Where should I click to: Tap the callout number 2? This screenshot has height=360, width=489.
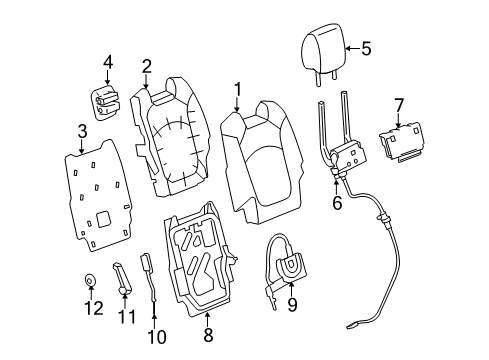pos(146,67)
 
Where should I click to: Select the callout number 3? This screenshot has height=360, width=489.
pos(82,131)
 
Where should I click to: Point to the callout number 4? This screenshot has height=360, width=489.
pos(108,65)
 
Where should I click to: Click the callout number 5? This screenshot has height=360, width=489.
pos(365,46)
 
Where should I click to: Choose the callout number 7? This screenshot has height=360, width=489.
pos(398,105)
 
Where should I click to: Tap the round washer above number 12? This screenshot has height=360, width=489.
pos(91,282)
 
